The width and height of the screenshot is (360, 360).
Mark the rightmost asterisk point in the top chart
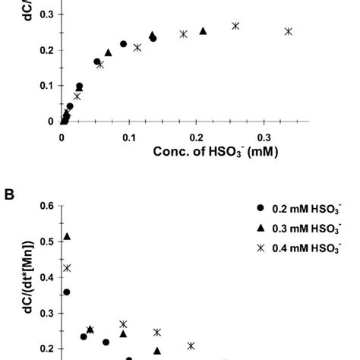[288, 31]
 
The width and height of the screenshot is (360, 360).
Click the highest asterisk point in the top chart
[235, 26]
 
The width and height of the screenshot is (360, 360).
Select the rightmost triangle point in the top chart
[203, 31]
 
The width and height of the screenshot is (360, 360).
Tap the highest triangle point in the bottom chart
[67, 237]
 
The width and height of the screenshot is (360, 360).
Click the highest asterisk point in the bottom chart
[67, 268]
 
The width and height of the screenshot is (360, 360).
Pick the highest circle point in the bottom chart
[67, 292]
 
